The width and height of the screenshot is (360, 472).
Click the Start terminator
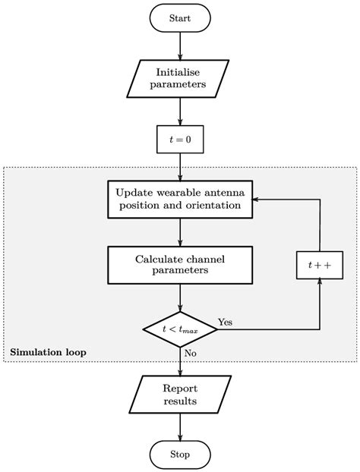[x=180, y=17]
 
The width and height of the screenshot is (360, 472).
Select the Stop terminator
[x=180, y=455]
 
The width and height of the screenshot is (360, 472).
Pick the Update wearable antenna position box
[x=180, y=198]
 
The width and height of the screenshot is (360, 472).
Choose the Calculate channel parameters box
[x=180, y=266]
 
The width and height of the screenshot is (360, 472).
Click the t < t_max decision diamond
[x=180, y=329]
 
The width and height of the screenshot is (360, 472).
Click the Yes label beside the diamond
[x=226, y=322]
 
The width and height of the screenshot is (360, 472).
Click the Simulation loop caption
[x=48, y=352]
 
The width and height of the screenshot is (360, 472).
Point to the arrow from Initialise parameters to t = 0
[x=180, y=110]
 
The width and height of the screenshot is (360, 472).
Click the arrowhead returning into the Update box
[x=257, y=198]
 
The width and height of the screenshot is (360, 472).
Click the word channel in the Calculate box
[x=206, y=260]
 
